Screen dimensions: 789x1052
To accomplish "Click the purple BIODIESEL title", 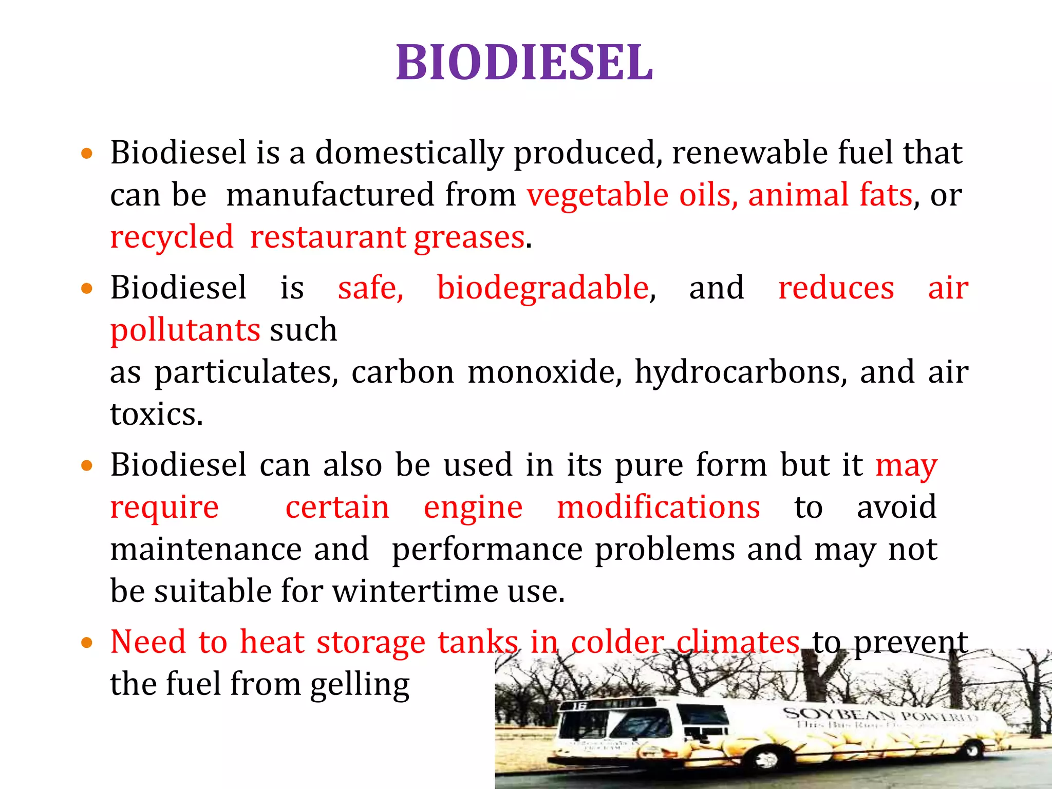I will [524, 63].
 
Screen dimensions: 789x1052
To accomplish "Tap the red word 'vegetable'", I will [598, 195].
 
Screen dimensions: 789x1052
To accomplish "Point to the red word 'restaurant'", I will [328, 237].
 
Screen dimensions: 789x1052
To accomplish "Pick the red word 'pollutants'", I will [185, 330].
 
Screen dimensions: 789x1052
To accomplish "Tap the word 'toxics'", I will [156, 414].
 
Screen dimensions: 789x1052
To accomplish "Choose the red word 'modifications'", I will [659, 508].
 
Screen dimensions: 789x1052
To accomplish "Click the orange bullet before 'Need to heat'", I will [87, 643].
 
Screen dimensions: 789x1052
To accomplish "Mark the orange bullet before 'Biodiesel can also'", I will [87, 466].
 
